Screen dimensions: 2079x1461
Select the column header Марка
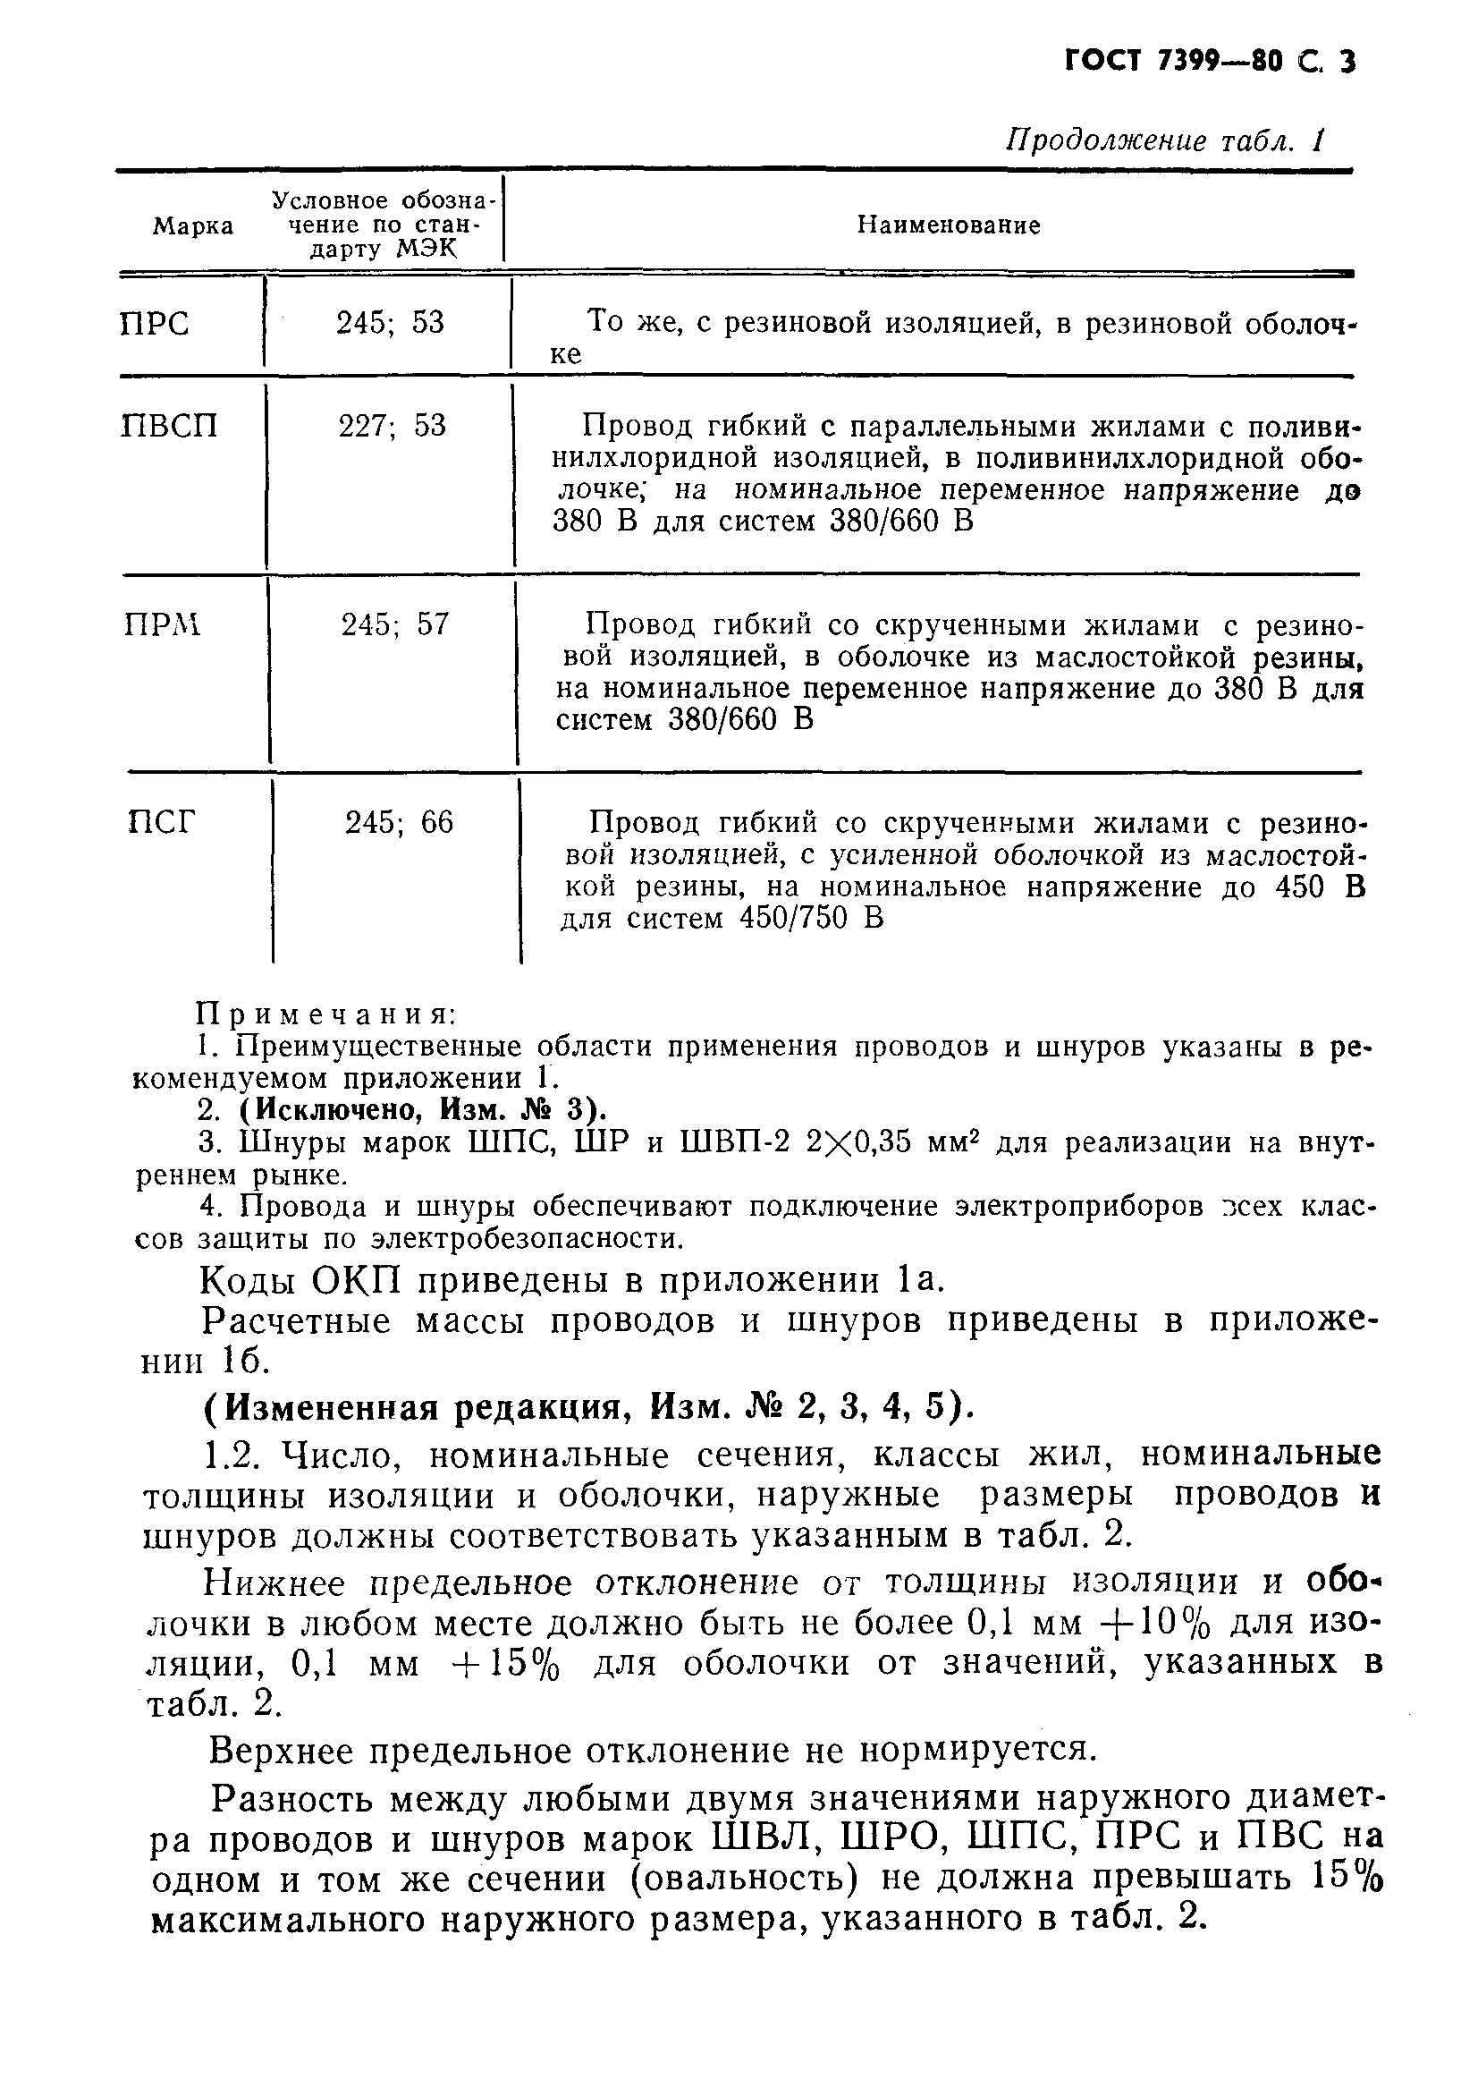pyautogui.click(x=193, y=226)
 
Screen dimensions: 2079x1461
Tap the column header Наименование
pyautogui.click(x=949, y=225)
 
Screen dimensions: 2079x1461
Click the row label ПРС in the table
pyautogui.click(x=155, y=324)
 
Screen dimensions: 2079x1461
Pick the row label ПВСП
pyautogui.click(x=169, y=426)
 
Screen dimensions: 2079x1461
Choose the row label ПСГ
pyautogui.click(x=161, y=822)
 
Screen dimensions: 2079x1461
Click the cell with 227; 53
pyautogui.click(x=392, y=426)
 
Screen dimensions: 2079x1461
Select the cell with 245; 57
pyautogui.click(x=394, y=624)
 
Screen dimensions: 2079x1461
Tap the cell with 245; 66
pyautogui.click(x=398, y=822)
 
